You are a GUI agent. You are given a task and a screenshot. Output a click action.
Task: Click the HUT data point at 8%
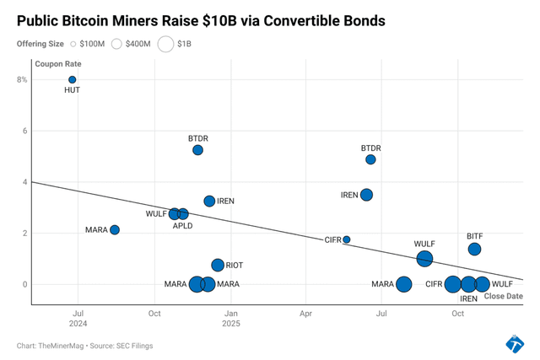coord(73,80)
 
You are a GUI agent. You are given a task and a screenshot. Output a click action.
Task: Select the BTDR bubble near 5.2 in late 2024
coord(197,150)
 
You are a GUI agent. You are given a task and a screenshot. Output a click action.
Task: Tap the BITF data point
coord(474,249)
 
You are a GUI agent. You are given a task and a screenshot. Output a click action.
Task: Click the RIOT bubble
coord(218,266)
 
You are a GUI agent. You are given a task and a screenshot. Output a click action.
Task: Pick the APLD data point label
coord(184,226)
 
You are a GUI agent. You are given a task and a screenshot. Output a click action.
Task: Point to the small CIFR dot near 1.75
coord(346,239)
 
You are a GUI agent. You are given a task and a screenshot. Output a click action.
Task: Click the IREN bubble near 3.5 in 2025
coord(366,195)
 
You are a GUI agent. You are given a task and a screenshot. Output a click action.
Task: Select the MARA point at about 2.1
coord(115,230)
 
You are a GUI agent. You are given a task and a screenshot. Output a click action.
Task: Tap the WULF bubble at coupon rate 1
coord(424,259)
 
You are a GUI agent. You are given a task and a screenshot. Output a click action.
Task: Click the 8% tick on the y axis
coord(22,80)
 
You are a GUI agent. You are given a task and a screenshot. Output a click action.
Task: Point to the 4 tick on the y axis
coord(24,182)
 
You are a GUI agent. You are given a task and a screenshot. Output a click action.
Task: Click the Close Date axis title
coord(503,296)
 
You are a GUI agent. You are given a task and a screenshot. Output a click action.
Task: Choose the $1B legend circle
coord(165,44)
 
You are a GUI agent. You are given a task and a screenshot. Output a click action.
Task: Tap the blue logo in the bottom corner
coord(514,343)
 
